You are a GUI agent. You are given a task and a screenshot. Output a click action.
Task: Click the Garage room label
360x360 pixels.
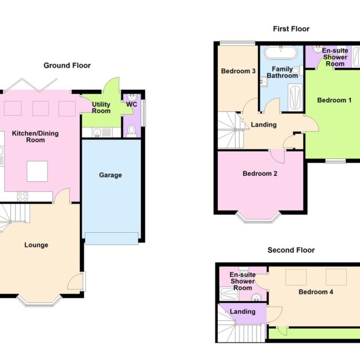(x=110, y=175)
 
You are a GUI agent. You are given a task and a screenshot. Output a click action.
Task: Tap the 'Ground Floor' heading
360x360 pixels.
(x=67, y=65)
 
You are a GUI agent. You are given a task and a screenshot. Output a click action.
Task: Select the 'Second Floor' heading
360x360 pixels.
(x=291, y=250)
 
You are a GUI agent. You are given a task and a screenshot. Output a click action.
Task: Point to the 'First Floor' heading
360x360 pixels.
(x=291, y=29)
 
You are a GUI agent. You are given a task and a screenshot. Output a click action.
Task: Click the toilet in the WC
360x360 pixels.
(x=131, y=131)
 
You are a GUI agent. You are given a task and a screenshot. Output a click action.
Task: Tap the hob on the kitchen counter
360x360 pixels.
(x=23, y=197)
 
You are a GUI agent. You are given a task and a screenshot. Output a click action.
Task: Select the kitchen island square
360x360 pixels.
(x=37, y=171)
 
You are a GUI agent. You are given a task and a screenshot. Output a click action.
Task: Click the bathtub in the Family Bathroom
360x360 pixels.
(x=281, y=53)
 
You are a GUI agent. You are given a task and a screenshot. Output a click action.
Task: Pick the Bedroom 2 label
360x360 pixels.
(x=260, y=173)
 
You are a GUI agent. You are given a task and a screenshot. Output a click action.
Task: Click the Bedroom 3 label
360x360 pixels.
(x=238, y=71)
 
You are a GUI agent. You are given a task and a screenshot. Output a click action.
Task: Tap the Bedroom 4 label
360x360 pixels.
(x=316, y=292)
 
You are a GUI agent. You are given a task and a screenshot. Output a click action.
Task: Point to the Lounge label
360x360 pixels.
(x=36, y=245)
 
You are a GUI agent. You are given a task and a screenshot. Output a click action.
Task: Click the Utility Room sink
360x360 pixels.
(x=97, y=133)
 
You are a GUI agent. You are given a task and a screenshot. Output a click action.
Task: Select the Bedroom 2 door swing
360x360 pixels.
(x=278, y=157)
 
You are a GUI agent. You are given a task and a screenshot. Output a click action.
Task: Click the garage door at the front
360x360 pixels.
(x=112, y=238)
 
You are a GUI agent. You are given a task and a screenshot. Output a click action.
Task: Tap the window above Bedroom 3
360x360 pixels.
(x=238, y=43)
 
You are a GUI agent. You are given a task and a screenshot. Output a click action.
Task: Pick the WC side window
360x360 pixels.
(x=144, y=113)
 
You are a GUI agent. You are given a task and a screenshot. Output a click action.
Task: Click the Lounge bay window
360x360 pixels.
(x=39, y=301)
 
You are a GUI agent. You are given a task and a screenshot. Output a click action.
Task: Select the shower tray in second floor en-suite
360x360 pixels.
(x=229, y=294)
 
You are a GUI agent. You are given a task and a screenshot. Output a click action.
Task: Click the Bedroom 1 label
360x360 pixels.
(x=334, y=100)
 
